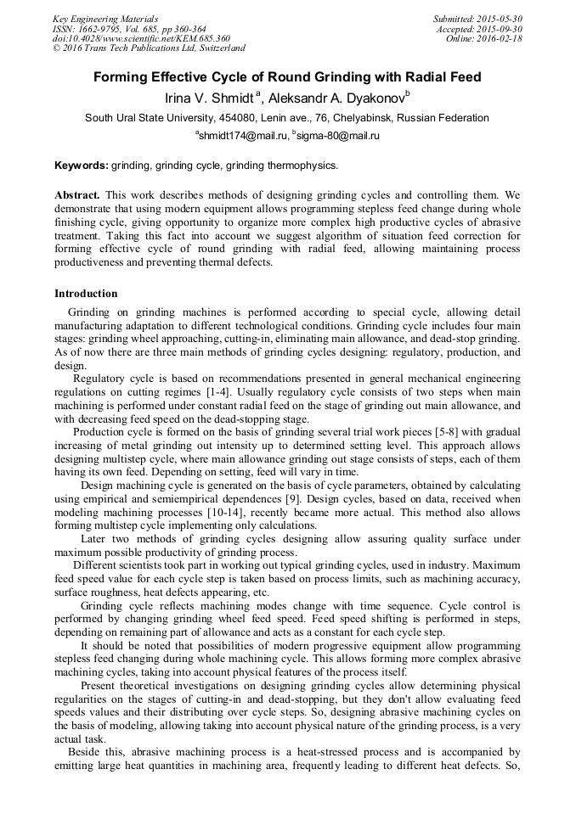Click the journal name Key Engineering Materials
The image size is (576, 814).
point(105,19)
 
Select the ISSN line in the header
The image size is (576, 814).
point(128,29)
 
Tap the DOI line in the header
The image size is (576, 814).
point(141,38)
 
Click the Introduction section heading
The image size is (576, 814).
point(86,294)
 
